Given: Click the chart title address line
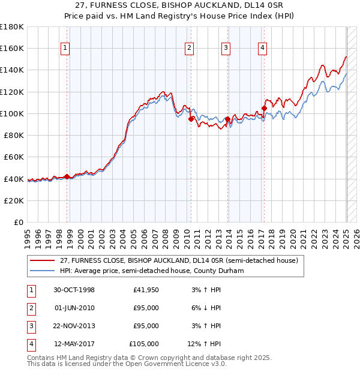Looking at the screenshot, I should tap(179, 5).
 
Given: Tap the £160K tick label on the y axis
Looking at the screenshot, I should tap(13, 48).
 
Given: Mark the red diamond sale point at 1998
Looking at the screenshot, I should tap(67, 176).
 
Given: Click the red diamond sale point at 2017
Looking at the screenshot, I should tap(264, 109).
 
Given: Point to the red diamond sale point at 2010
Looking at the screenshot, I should tap(191, 119).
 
